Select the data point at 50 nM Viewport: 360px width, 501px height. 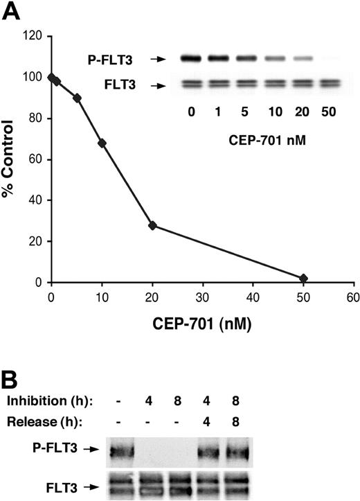pos(303,279)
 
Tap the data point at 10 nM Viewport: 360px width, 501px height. pos(102,143)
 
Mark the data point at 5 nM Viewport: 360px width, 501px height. pos(77,98)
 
